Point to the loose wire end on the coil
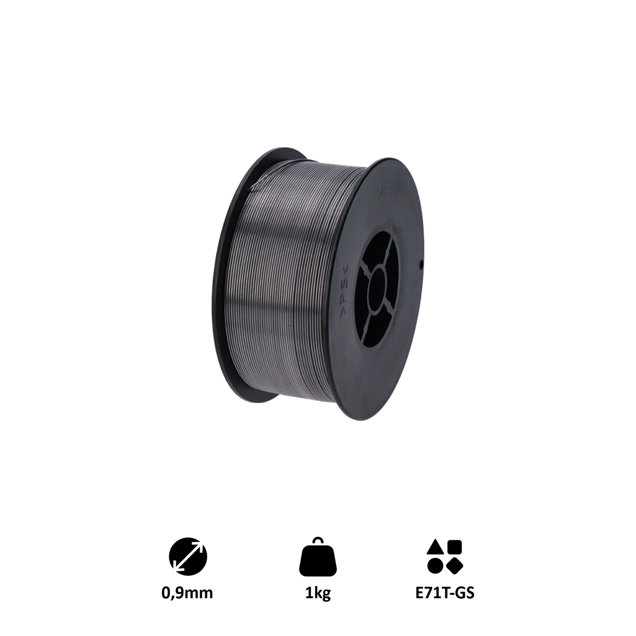pyautogui.click(x=255, y=187)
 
